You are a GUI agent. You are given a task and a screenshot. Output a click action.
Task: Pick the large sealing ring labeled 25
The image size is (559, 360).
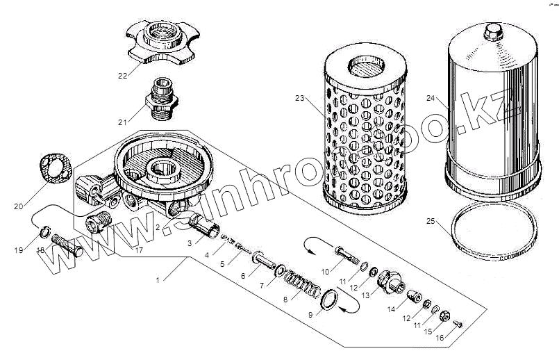click(492, 233)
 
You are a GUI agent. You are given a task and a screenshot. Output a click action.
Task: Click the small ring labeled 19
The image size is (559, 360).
click(43, 231)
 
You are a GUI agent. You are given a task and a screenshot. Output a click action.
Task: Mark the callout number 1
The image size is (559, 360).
click(159, 279)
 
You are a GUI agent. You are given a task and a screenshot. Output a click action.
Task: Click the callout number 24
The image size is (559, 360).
click(431, 99)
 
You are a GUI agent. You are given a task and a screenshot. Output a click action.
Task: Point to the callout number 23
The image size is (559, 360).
click(299, 99)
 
